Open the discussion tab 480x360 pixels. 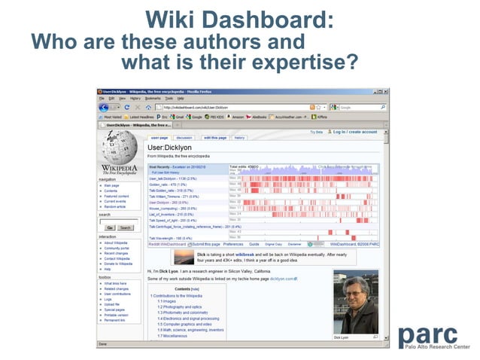coord(184,138)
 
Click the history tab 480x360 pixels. coord(239,138)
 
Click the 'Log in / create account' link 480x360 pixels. coord(355,132)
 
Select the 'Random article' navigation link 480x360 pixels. coord(116,206)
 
